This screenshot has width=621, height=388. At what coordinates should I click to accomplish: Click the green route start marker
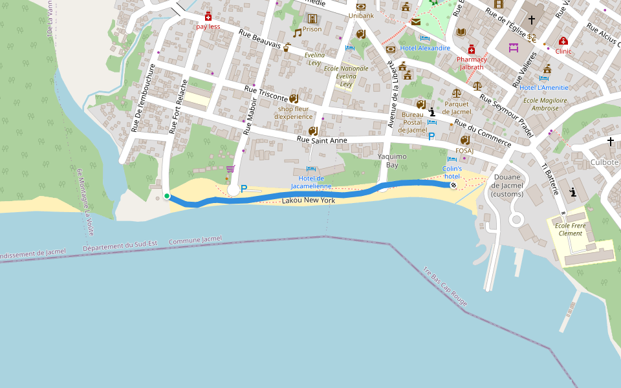pyautogui.click(x=167, y=196)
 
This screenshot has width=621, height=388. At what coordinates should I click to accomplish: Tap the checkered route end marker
pyautogui.click(x=453, y=186)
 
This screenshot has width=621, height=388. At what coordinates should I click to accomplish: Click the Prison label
pyautogui.click(x=312, y=29)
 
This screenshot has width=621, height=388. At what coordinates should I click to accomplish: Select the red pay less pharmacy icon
pyautogui.click(x=208, y=16)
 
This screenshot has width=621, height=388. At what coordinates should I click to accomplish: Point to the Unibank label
pyautogui.click(x=361, y=16)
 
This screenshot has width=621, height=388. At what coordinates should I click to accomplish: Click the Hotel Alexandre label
pyautogui.click(x=425, y=48)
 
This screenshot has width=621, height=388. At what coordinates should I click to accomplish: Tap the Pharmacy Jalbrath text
pyautogui.click(x=472, y=63)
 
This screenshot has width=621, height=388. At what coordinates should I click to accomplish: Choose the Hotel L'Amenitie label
pyautogui.click(x=544, y=87)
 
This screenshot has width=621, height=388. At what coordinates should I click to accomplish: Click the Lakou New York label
pyautogui.click(x=309, y=201)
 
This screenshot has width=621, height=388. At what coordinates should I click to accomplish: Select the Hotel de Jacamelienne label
pyautogui.click(x=311, y=182)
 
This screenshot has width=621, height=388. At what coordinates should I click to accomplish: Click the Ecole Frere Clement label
pyautogui.click(x=569, y=230)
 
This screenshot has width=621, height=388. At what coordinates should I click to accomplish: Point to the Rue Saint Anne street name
pyautogui.click(x=322, y=140)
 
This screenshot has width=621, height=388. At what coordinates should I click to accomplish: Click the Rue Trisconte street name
pyautogui.click(x=265, y=93)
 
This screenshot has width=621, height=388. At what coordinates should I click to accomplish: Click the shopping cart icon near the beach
pyautogui.click(x=230, y=169)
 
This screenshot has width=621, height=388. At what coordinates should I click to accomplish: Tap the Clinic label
pyautogui.click(x=563, y=51)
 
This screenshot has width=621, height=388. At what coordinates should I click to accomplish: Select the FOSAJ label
pyautogui.click(x=464, y=151)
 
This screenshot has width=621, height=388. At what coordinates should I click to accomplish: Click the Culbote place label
pyautogui.click(x=605, y=162)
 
